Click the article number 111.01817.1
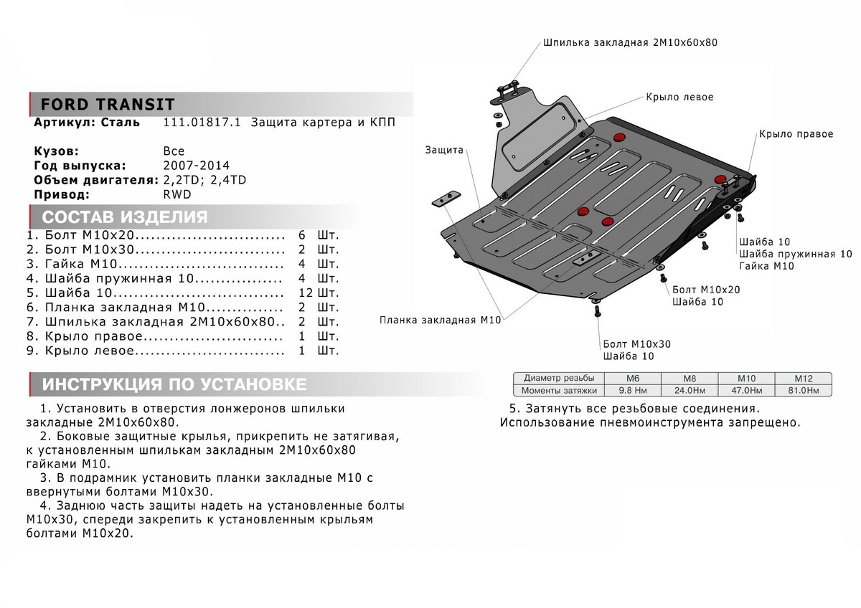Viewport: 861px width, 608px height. pos(203,123)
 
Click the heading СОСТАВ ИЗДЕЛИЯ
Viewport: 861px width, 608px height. pos(125,217)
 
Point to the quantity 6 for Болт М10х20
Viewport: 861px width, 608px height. pos(301,235)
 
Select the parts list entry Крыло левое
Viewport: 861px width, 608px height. pos(89,351)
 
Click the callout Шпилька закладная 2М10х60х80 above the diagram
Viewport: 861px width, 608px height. pos(631,42)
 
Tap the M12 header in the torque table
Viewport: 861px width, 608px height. pos(803,378)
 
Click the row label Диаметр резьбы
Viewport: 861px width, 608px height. pos(559,378)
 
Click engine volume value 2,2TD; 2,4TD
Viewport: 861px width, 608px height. pos(204,180)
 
